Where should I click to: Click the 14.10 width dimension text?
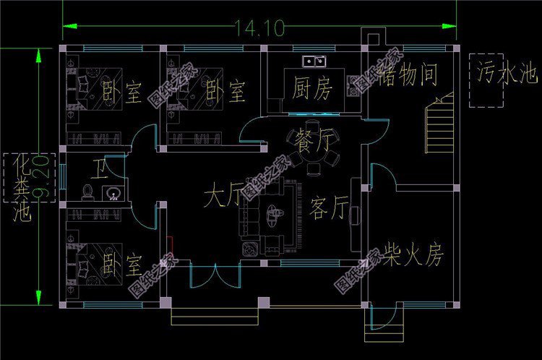[259, 28]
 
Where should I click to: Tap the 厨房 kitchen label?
[311, 90]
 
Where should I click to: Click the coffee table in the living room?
[274, 213]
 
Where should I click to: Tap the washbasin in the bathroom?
[112, 192]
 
